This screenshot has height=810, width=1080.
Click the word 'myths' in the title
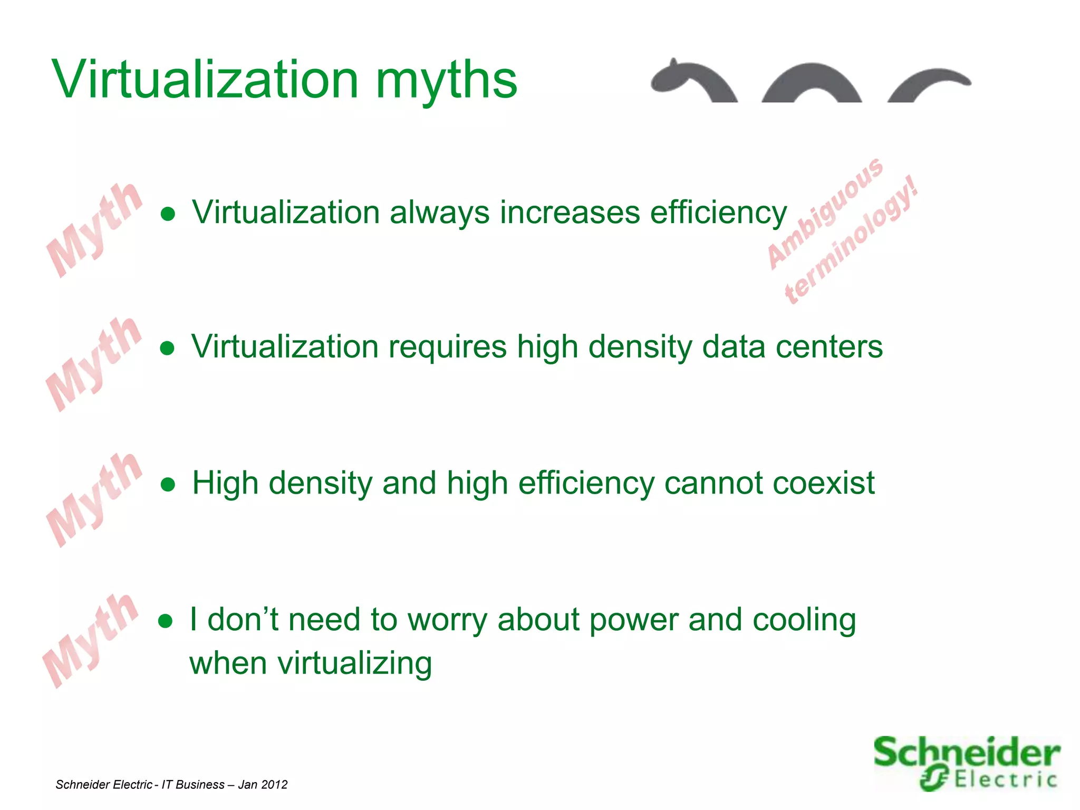(446, 80)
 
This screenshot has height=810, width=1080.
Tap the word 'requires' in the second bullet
(447, 347)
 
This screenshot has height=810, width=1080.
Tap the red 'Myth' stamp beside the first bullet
(94, 229)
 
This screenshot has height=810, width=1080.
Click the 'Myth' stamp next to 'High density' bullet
(94, 499)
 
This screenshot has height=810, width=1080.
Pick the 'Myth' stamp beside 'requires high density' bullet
(94, 364)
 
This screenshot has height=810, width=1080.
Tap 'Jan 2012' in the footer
(263, 785)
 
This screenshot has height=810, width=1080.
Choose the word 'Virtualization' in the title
(206, 80)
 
